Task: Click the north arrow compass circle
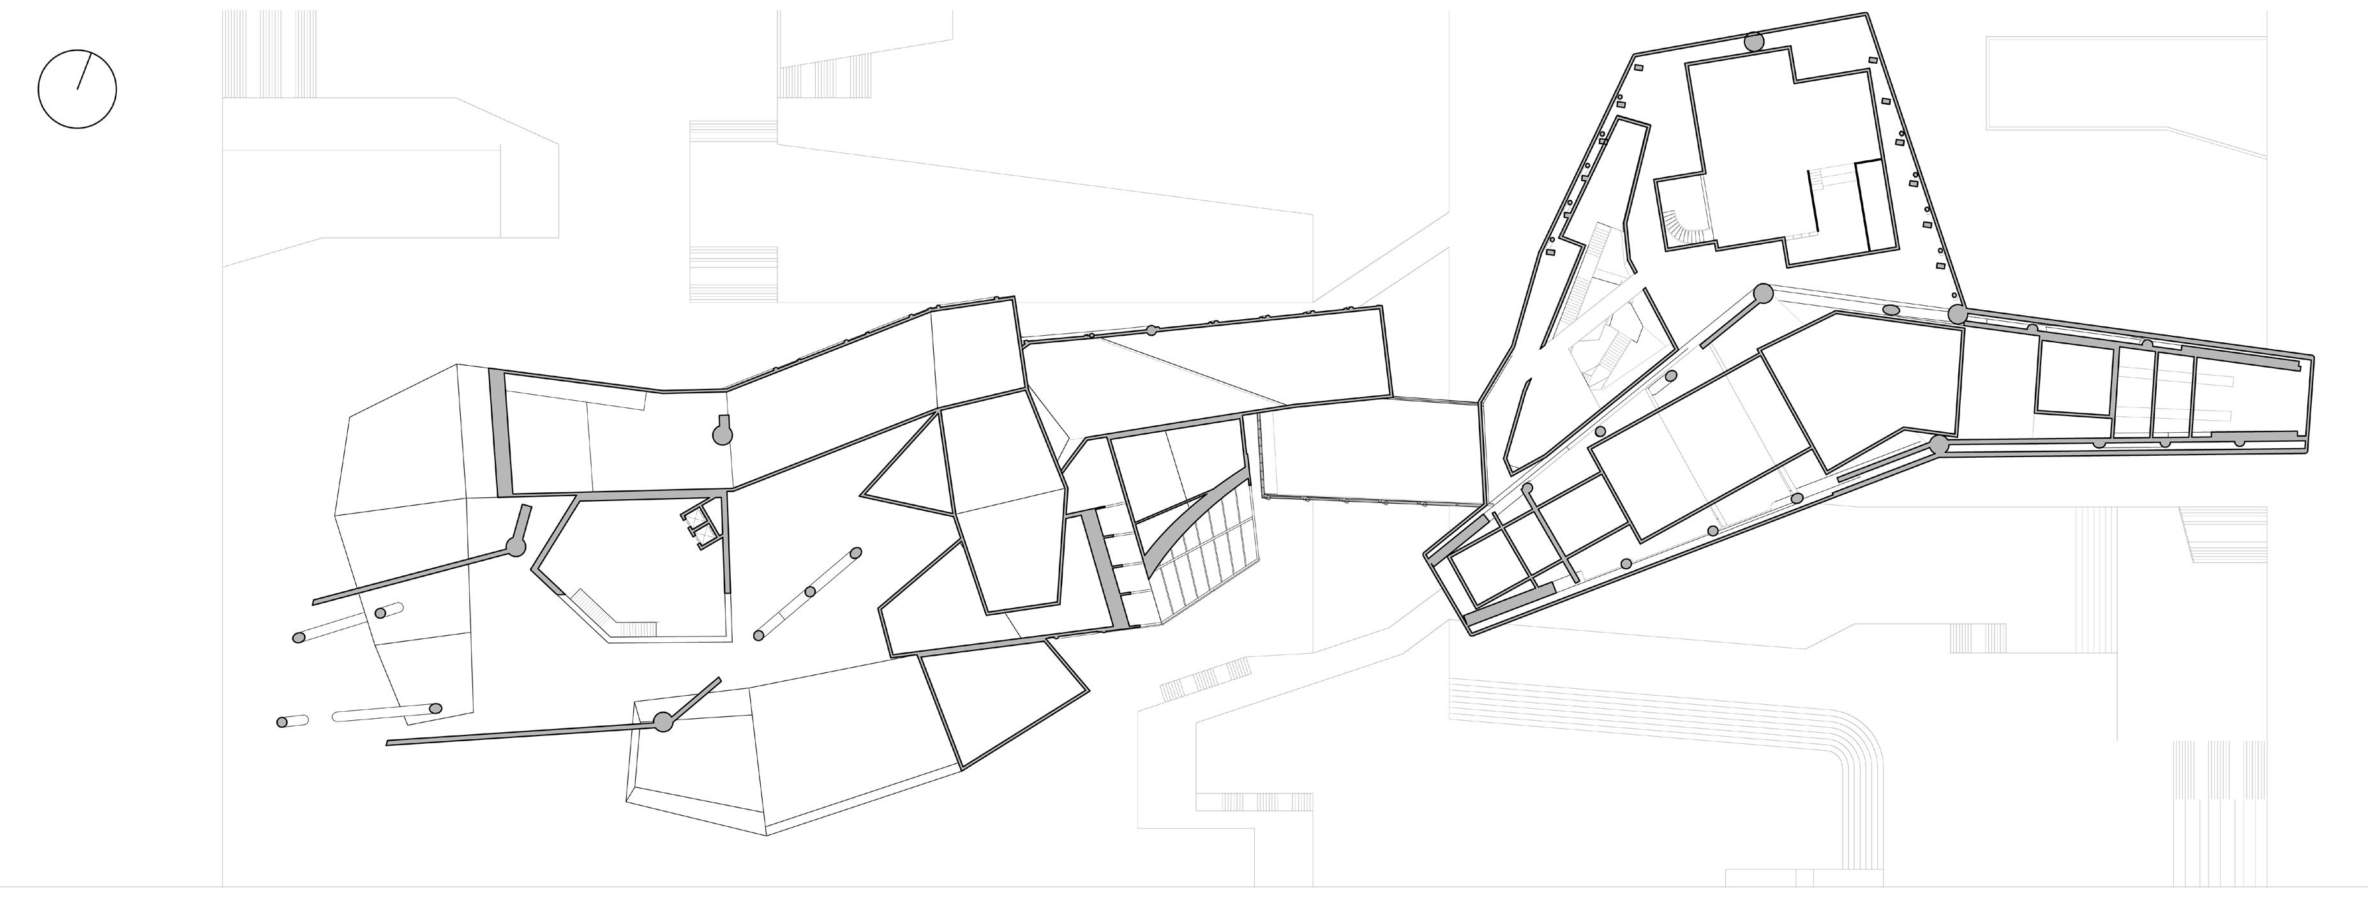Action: pyautogui.click(x=77, y=89)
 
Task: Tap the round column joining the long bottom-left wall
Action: pyautogui.click(x=662, y=723)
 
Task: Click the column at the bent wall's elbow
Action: pyautogui.click(x=516, y=547)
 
